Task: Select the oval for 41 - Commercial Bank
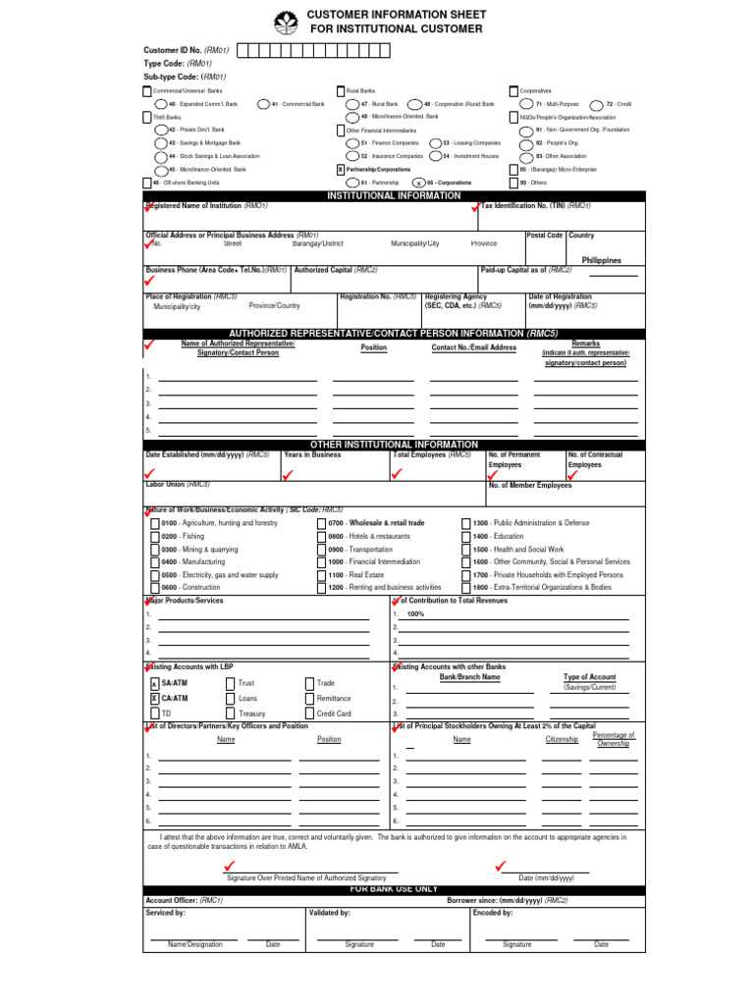[x=262, y=104]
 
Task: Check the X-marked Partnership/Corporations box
[x=341, y=169]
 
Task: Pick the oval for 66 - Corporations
[x=418, y=183]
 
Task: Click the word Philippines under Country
[x=602, y=260]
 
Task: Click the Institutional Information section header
[x=393, y=196]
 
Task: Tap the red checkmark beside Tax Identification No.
[x=476, y=207]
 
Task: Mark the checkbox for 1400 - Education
[x=465, y=537]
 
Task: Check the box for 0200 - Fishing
[x=154, y=537]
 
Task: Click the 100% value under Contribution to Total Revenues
[x=415, y=613]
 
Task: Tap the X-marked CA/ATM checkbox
[x=154, y=699]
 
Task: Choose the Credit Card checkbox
[x=309, y=714]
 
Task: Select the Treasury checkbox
[x=230, y=714]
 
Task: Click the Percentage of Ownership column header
[x=614, y=739]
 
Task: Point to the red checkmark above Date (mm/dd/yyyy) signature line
[x=501, y=865]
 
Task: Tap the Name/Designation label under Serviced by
[x=195, y=944]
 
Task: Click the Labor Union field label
[x=178, y=484]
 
